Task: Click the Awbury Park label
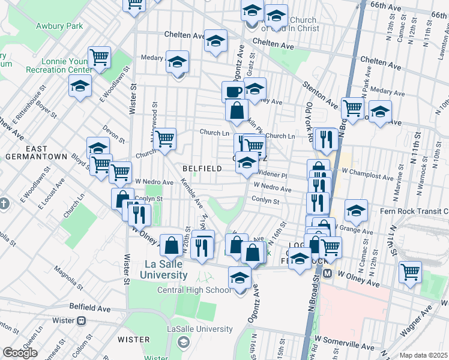59,26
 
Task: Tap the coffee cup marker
233,92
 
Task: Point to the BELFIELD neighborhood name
202,169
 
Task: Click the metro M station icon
328,273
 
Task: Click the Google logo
19,353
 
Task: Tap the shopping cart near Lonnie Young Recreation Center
99,58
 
